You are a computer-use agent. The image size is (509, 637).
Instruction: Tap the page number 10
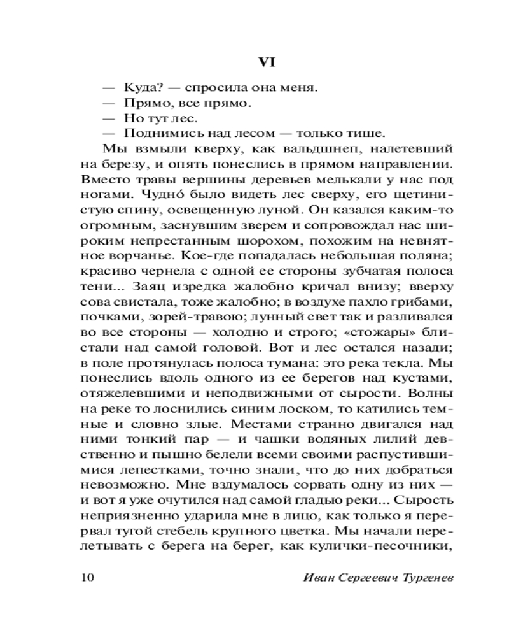point(88,577)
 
